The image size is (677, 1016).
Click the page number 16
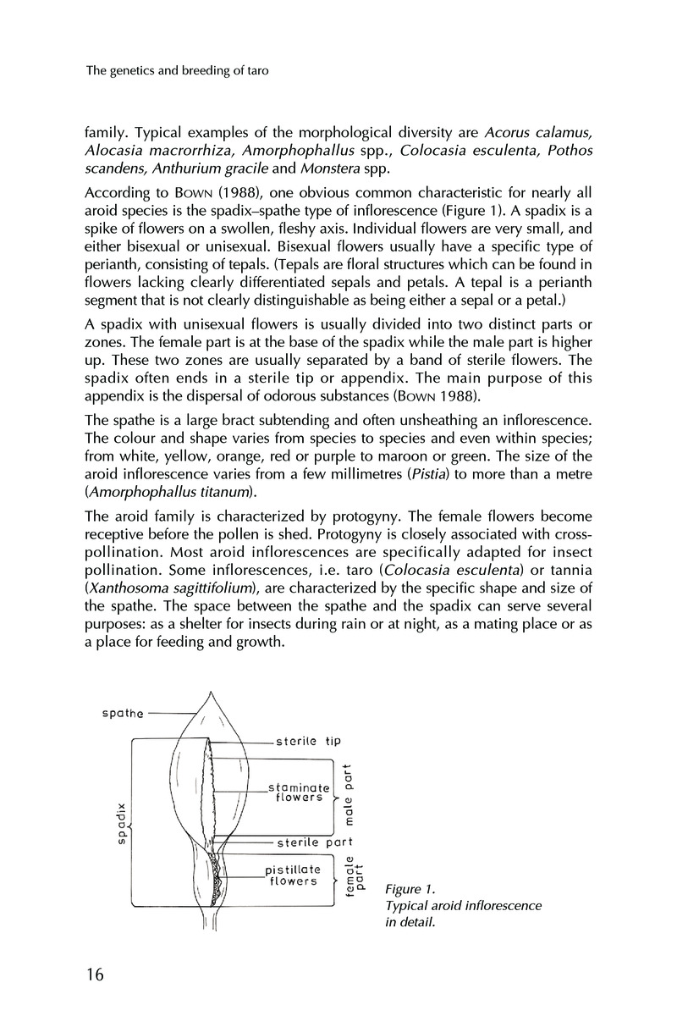[x=93, y=975]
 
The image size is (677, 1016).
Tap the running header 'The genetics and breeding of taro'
[x=178, y=72]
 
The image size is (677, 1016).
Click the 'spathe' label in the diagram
[x=122, y=712]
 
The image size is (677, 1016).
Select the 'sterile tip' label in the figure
[x=309, y=741]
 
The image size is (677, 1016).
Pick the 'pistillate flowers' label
[x=293, y=875]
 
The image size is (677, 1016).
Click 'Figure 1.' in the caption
[x=410, y=889]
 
